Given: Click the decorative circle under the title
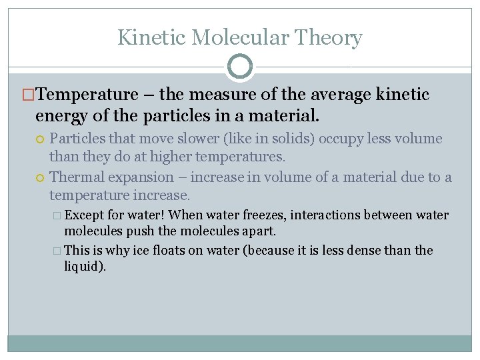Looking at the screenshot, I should pos(240,67).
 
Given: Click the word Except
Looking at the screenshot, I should pos(83,215).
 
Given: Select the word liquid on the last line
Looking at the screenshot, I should pos(83,266).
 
